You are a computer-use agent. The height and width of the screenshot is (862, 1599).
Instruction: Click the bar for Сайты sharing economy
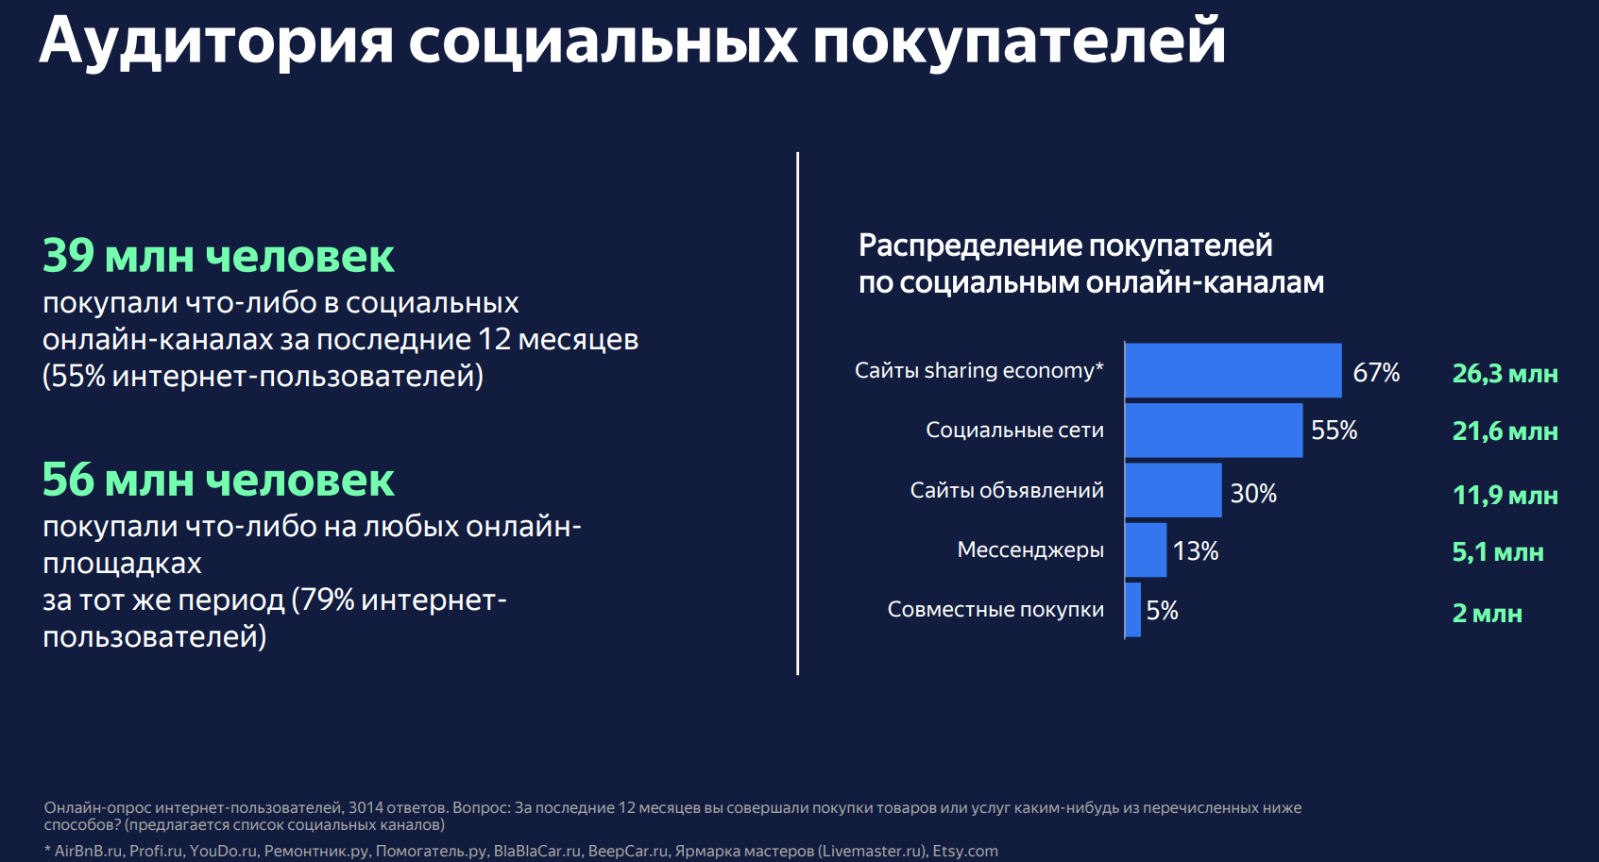tap(1233, 370)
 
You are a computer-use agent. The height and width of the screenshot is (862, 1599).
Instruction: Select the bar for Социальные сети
tap(1214, 431)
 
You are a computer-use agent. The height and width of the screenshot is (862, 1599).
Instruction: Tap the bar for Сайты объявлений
tap(1173, 490)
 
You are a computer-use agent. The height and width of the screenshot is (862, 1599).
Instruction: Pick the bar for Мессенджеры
tap(1146, 549)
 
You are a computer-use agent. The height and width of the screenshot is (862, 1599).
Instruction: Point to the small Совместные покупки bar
tap(1133, 610)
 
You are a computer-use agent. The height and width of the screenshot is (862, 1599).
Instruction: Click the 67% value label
tap(1376, 373)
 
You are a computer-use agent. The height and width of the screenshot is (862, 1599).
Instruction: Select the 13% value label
tap(1195, 551)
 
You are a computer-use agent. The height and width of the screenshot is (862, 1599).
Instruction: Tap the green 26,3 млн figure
tap(1505, 374)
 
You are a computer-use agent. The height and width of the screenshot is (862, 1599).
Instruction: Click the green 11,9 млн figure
tap(1505, 496)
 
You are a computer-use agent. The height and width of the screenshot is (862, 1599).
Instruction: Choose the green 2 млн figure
tap(1487, 614)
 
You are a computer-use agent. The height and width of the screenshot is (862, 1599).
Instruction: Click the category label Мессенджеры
tap(1029, 550)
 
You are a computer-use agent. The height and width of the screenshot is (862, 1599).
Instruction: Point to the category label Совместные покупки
tap(995, 610)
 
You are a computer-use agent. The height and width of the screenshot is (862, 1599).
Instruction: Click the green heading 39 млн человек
tap(218, 257)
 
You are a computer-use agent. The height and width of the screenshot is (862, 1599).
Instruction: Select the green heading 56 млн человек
tap(218, 481)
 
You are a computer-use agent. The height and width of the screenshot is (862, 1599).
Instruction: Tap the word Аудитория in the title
tap(216, 42)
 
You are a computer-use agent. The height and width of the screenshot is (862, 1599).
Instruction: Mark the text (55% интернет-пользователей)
tap(263, 377)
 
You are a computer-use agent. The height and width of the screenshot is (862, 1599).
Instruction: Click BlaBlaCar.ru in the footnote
tap(536, 852)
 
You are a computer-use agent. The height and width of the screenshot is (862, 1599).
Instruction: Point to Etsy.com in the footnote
tap(965, 852)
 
